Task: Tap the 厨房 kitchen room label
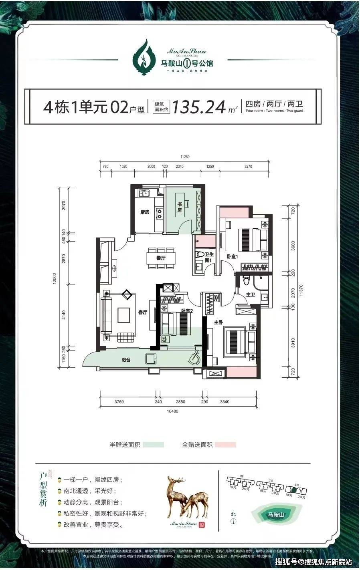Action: (145, 212)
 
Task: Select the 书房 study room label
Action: (180, 207)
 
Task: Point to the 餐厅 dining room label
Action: (161, 258)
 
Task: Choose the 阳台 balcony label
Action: (126, 360)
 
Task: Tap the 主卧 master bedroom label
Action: (218, 322)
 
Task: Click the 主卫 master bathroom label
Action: (251, 294)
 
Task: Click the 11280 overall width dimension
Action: (184, 157)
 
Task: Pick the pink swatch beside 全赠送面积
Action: (225, 445)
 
